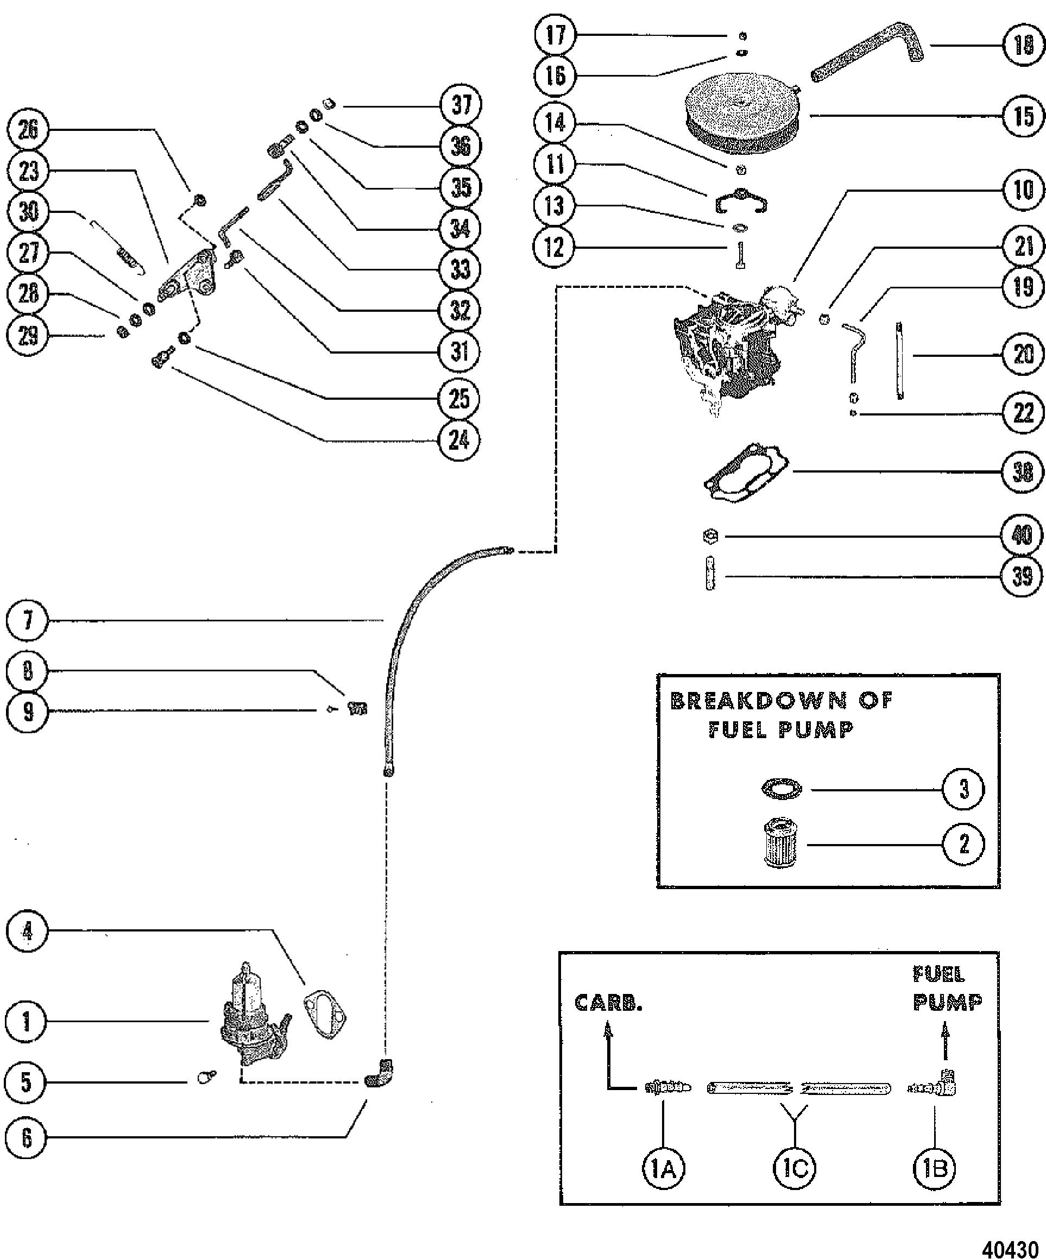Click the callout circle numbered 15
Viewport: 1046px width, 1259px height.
tap(1023, 116)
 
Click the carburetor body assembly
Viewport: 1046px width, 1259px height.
tap(734, 345)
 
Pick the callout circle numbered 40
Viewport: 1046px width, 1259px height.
tap(1023, 535)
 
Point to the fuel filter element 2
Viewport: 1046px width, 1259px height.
tap(780, 844)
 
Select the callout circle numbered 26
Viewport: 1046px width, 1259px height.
tap(28, 130)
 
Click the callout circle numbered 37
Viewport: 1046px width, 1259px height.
tap(461, 105)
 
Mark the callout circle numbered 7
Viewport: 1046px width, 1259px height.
tap(27, 620)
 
